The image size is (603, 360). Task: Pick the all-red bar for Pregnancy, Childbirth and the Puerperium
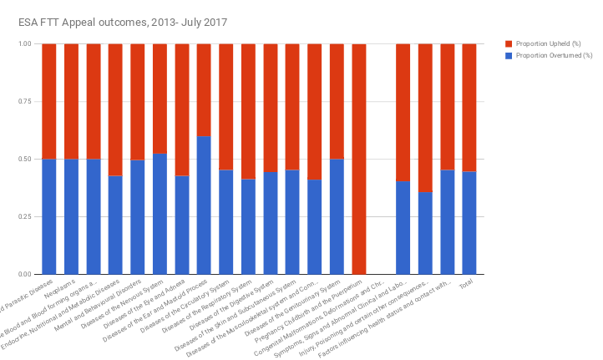pyautogui.click(x=359, y=159)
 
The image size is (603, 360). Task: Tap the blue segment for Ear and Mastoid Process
pyautogui.click(x=204, y=205)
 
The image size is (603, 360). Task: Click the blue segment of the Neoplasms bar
pyautogui.click(x=71, y=216)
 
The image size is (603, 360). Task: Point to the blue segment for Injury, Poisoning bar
pyautogui.click(x=425, y=233)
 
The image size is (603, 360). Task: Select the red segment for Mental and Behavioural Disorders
pyautogui.click(x=138, y=101)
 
